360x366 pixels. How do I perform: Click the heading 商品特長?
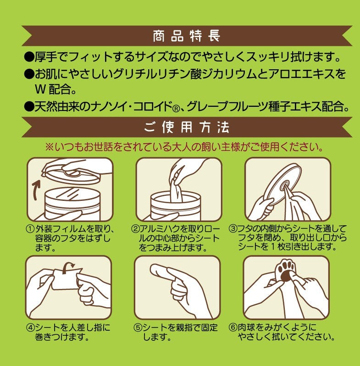point(186,35)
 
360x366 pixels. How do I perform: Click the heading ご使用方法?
point(186,127)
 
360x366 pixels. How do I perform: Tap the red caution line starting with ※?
point(183,147)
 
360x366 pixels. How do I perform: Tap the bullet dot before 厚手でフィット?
point(29,58)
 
